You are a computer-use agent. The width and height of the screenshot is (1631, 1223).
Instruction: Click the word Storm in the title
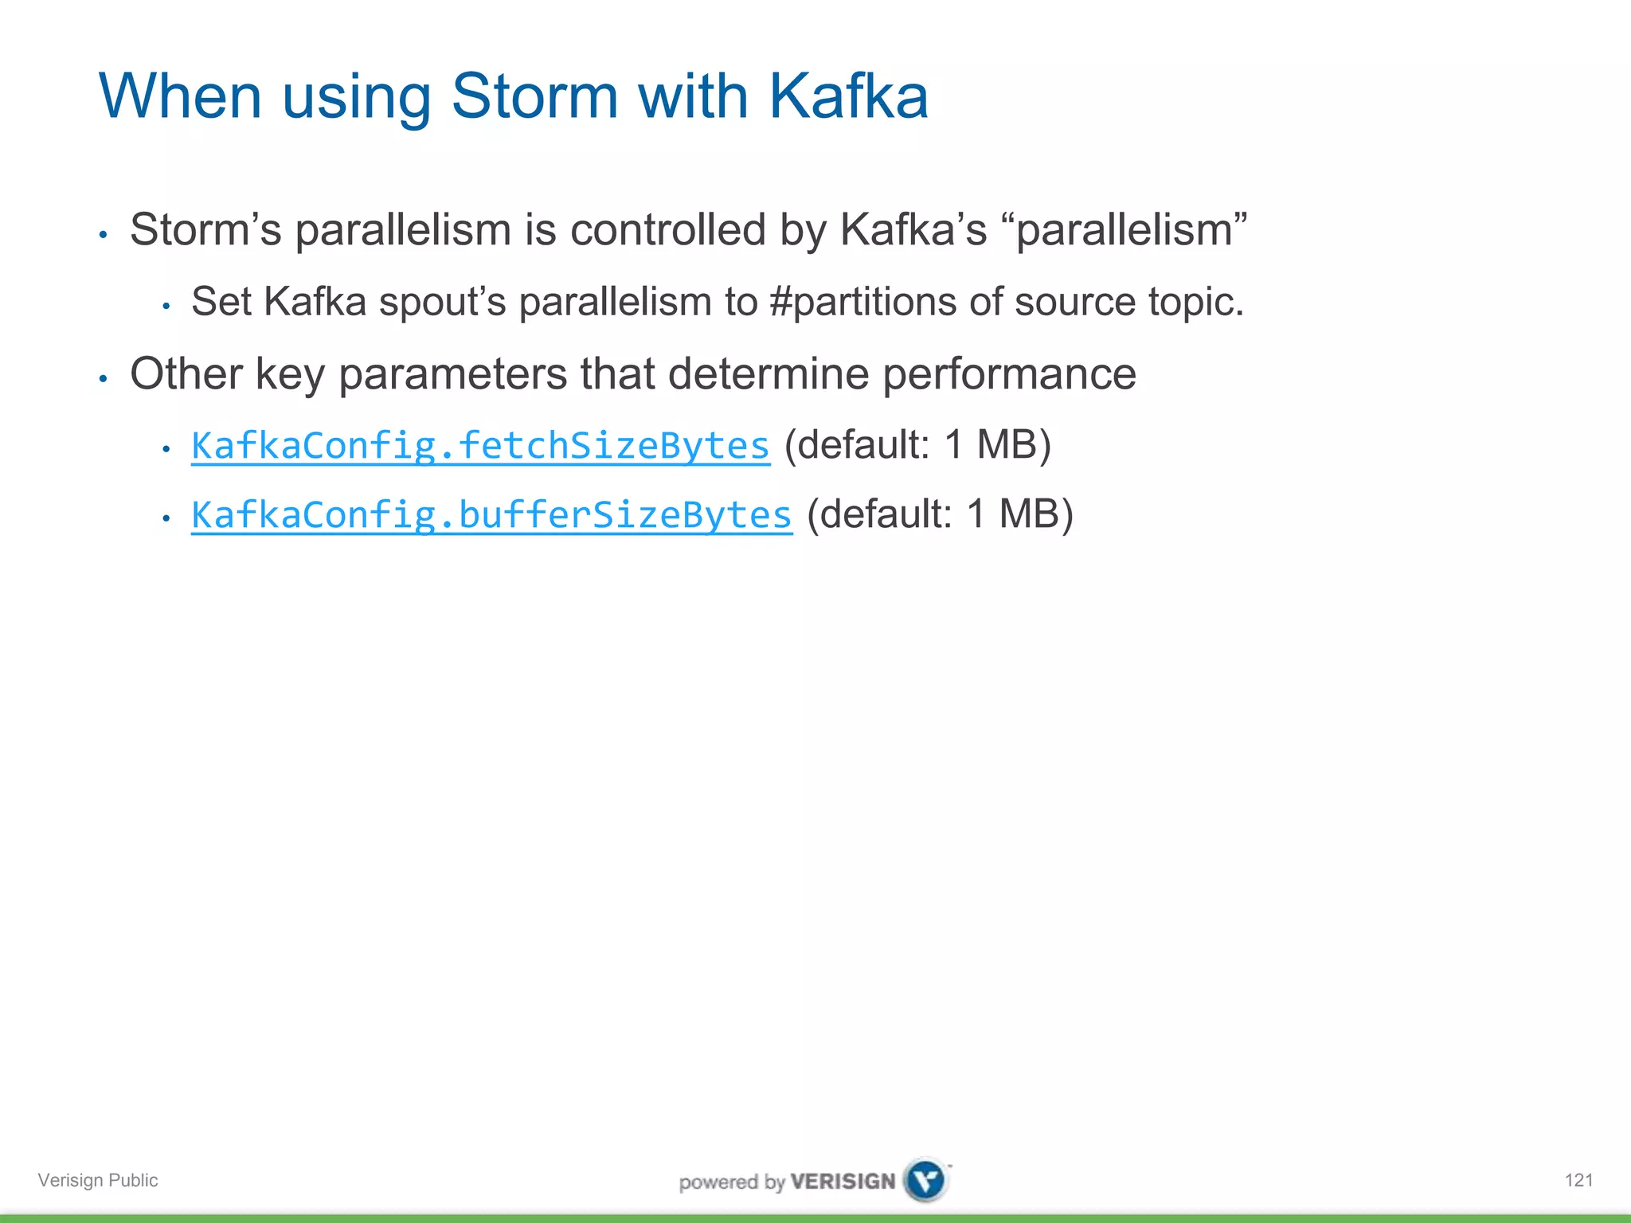[534, 96]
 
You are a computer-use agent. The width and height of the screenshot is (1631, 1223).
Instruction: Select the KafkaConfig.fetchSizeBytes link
[480, 446]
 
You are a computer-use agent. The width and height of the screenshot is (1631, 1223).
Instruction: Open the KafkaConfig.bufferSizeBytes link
[491, 515]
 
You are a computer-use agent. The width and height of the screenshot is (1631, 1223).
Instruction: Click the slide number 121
[1578, 1180]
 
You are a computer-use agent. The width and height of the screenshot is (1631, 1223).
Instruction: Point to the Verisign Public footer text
[98, 1180]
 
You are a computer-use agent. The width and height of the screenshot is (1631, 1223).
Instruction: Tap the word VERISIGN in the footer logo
[843, 1182]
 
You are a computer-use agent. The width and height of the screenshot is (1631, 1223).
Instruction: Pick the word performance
[1009, 374]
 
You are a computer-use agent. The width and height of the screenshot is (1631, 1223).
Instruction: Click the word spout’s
[442, 302]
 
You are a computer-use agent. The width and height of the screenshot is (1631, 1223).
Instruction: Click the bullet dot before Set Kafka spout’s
[166, 307]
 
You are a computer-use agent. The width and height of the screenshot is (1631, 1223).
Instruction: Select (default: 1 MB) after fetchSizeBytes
[917, 444]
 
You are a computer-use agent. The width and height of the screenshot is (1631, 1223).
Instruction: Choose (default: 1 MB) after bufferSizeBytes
[940, 514]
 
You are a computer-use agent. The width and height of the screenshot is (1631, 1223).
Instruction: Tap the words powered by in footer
[731, 1182]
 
